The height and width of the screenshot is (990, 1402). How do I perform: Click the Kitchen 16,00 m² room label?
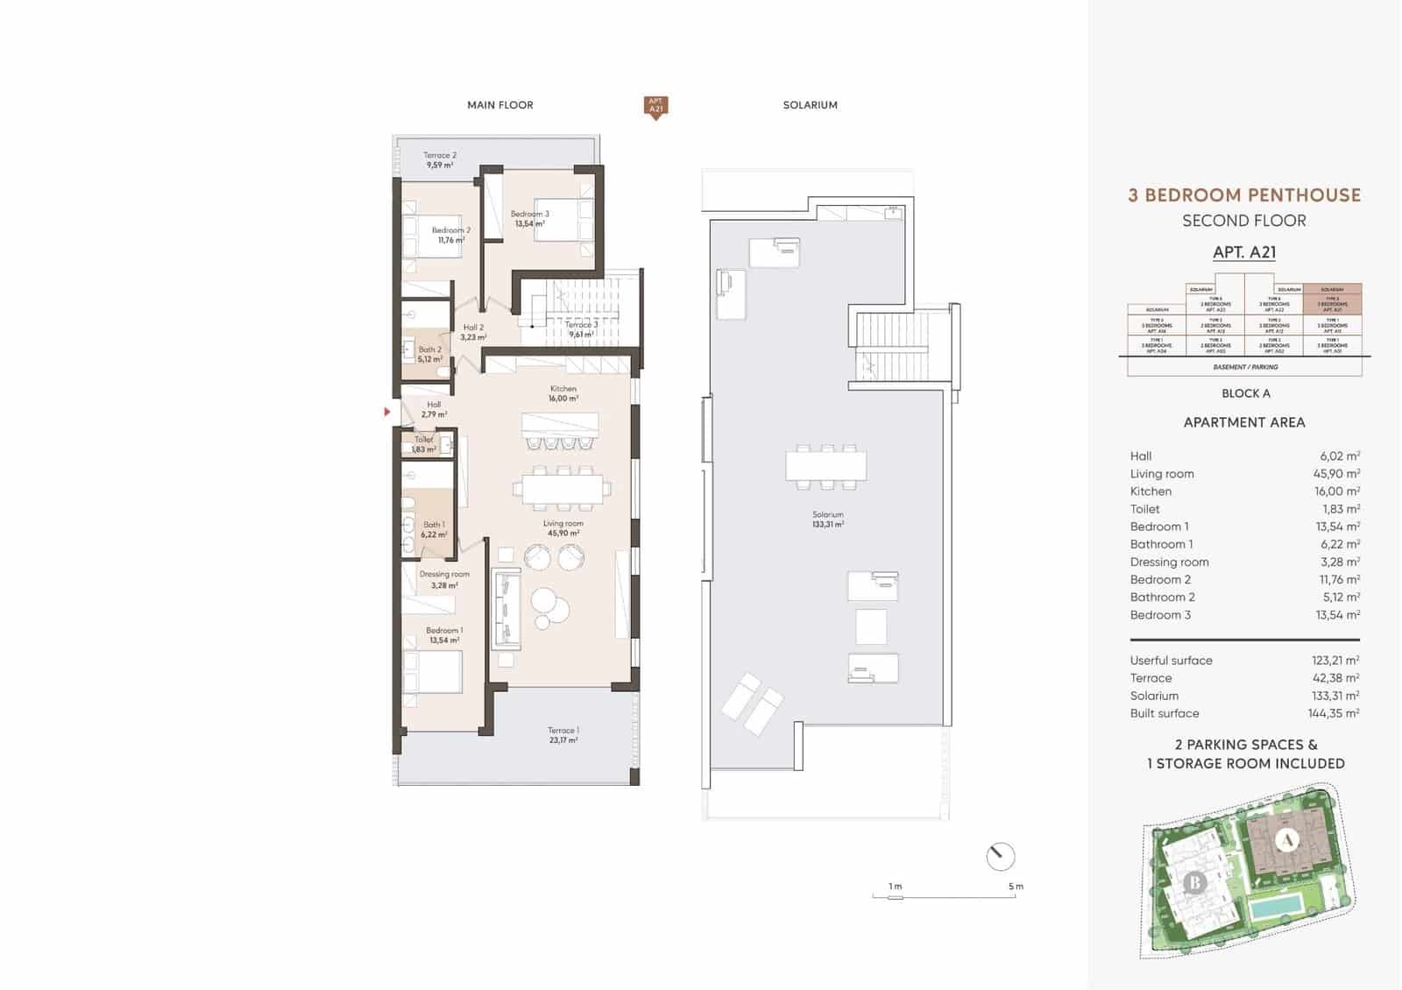[563, 393]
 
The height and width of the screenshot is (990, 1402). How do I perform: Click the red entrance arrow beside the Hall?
[387, 411]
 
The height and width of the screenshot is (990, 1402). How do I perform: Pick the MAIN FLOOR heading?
[499, 105]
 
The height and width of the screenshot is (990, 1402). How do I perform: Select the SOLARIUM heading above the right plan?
[810, 105]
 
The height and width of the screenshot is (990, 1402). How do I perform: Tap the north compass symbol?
[1000, 856]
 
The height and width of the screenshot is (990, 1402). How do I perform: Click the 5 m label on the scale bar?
[1015, 887]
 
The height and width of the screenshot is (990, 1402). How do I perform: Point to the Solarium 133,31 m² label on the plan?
[827, 520]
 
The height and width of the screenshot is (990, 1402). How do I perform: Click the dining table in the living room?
[563, 489]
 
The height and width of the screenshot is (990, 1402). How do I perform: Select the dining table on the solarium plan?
[825, 465]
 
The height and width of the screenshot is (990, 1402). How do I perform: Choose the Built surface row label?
[1164, 713]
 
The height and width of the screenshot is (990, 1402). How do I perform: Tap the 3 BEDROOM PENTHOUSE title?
[1243, 195]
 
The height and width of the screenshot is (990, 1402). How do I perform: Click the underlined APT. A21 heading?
[1243, 252]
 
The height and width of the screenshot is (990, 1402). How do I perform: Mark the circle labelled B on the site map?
[1194, 882]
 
